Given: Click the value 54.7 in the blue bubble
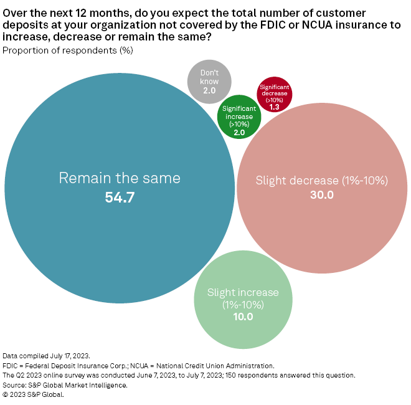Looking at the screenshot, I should point(120,198).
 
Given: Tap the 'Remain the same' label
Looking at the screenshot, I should point(120,178).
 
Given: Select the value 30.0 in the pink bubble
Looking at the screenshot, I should point(322,195).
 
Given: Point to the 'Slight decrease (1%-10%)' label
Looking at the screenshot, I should point(322,181).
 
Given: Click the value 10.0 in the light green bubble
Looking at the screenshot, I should point(243,317).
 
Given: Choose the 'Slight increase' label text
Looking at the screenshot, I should point(243,293).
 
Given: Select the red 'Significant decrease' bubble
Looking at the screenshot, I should point(274,93).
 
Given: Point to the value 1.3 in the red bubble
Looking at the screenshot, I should point(274,107).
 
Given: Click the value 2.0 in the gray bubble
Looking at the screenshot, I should point(209,91).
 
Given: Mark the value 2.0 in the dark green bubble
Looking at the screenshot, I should point(239,132).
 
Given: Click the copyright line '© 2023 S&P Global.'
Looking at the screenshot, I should point(33,394).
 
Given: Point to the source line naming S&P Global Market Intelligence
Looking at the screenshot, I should point(65,385).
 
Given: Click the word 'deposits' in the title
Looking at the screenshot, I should point(22,25).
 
